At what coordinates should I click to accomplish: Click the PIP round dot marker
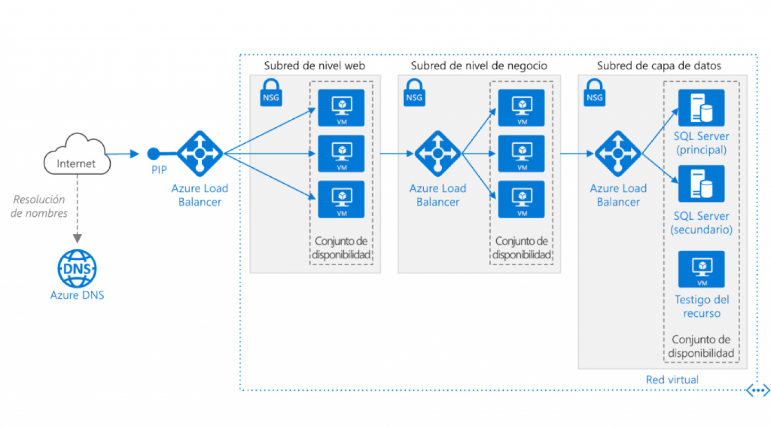point(153,154)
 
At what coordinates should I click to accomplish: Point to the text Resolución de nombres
point(39,207)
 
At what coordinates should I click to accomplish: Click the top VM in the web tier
point(341,108)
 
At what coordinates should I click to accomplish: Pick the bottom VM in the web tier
point(341,199)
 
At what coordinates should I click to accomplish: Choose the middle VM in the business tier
point(521,153)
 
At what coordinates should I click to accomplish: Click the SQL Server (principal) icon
point(701,108)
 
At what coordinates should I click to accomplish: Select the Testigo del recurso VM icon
point(701,269)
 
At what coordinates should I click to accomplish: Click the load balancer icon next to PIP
point(200,153)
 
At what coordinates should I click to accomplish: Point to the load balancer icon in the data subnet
point(618,153)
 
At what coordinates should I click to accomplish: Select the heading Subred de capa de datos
point(659,65)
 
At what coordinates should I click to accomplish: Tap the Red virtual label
point(672,380)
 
